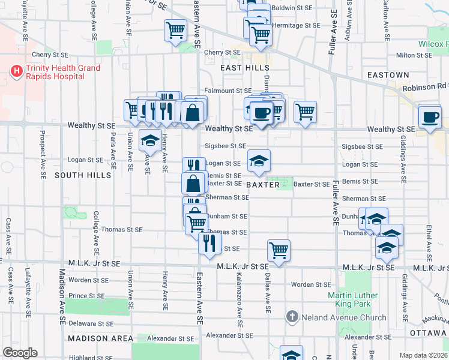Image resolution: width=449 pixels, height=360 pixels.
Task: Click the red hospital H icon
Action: [x=17, y=72]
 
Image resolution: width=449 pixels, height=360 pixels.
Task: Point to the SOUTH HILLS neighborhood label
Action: [x=83, y=175]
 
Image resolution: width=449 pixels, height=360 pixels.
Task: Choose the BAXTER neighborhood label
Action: [x=263, y=185]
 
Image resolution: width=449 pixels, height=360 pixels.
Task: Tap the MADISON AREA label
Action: [x=100, y=338]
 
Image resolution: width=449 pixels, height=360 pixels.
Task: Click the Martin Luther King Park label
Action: [x=353, y=300]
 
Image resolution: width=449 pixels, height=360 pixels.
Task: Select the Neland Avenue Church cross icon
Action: [x=292, y=316]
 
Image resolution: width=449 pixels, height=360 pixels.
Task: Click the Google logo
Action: [x=20, y=353]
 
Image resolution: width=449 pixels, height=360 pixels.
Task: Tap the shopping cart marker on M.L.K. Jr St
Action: [x=279, y=251]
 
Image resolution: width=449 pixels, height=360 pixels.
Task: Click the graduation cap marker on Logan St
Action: [x=259, y=161]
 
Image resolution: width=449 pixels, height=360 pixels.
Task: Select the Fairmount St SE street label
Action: [x=227, y=91]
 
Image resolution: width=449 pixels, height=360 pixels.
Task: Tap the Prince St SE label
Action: [x=86, y=295]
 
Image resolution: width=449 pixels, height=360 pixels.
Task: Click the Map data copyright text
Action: [x=422, y=355]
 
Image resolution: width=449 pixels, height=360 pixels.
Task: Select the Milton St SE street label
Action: [x=414, y=55]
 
